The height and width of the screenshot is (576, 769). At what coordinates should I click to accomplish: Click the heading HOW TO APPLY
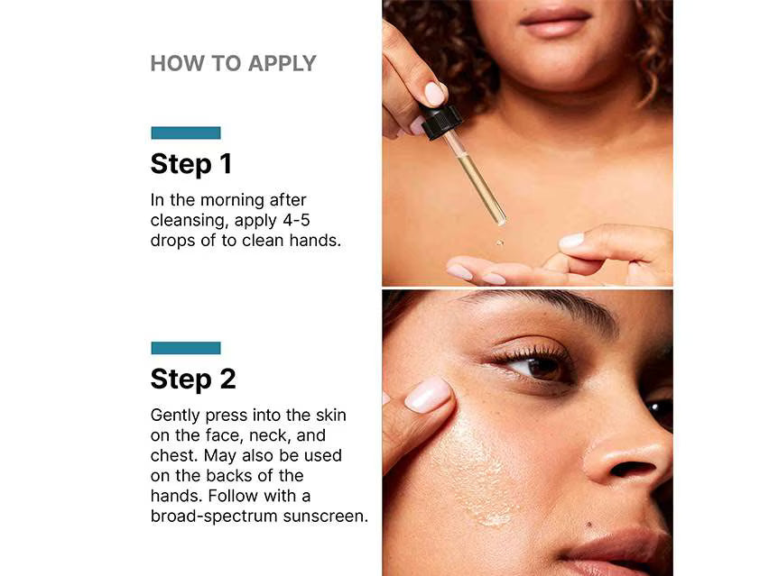click(234, 64)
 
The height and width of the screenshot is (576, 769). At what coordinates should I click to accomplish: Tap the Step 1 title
click(190, 164)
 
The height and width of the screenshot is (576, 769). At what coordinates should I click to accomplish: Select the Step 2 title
click(193, 379)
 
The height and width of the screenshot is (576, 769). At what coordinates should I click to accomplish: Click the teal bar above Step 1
click(186, 133)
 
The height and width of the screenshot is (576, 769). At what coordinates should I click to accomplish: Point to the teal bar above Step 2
click(186, 348)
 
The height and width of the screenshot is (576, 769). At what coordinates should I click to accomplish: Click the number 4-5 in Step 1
click(296, 220)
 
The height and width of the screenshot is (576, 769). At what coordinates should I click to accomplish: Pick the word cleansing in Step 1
click(190, 221)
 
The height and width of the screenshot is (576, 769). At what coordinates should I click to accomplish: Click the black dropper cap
click(440, 122)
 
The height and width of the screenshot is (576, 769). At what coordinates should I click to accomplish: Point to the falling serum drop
click(500, 242)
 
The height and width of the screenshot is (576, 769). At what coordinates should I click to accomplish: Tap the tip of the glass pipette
click(502, 223)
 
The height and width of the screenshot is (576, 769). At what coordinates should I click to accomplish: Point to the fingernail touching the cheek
click(427, 394)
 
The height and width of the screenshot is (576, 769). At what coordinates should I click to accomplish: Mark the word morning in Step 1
click(232, 201)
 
